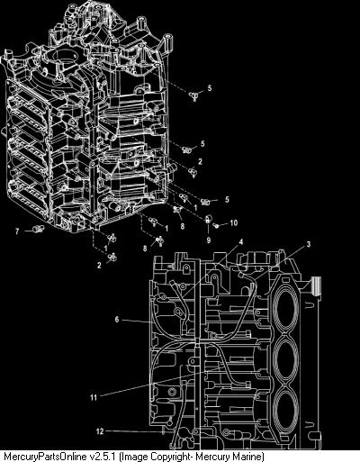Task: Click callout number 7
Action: point(17,231)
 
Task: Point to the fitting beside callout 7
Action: point(39,230)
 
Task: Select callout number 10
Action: point(233,222)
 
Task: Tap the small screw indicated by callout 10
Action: point(216,225)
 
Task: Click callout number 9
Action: point(209,240)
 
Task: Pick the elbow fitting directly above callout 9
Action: point(209,219)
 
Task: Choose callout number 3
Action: point(309,244)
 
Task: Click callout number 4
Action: point(240,241)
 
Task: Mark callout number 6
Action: point(117,319)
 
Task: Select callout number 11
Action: point(94,397)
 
